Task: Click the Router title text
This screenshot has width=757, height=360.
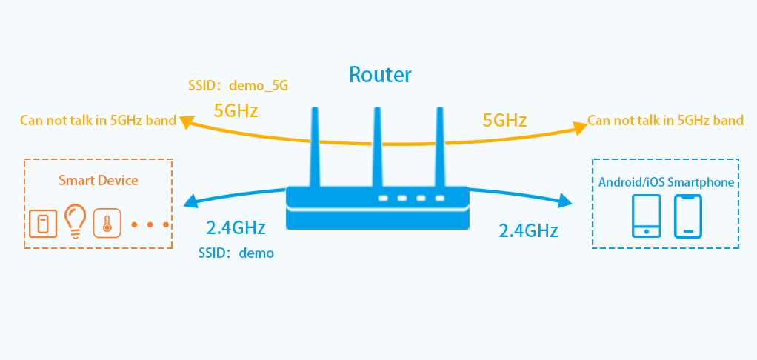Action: click(380, 74)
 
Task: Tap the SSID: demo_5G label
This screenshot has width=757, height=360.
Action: click(238, 86)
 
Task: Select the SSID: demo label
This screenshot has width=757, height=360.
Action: click(236, 253)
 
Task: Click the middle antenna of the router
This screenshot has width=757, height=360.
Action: click(378, 144)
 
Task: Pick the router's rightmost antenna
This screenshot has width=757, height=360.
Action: click(440, 144)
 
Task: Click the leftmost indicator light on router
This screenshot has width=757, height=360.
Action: click(383, 199)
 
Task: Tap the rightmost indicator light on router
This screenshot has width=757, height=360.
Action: click(440, 199)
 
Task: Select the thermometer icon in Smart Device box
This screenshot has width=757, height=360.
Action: click(107, 222)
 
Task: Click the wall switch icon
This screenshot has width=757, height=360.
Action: click(43, 222)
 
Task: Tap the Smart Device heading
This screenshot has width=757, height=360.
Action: click(99, 180)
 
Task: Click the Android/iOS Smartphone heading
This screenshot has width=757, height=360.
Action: click(666, 182)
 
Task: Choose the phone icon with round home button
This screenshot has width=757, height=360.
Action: click(647, 216)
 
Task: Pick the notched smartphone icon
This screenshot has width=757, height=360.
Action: click(687, 216)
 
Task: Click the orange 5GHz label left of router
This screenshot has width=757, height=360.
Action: click(236, 111)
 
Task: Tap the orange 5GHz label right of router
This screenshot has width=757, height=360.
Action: click(504, 120)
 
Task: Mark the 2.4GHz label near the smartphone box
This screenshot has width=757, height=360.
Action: click(528, 230)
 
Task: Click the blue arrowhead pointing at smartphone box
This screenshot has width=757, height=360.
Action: click(567, 201)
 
